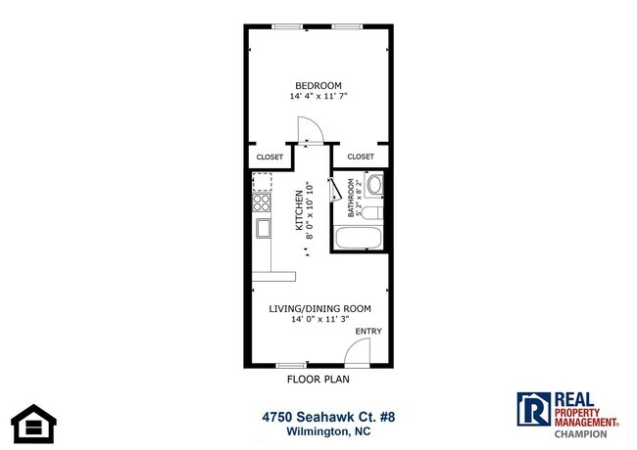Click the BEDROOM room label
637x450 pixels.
coord(318,84)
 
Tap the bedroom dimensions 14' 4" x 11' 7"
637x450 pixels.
coord(318,97)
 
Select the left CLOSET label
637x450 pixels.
coord(269,157)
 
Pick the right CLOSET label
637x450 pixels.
coord(361,157)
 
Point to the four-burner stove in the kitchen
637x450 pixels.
coord(262,202)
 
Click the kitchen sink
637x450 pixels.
coord(264,228)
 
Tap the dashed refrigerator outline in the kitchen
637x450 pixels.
coord(262,181)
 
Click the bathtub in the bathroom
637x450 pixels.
coord(359,238)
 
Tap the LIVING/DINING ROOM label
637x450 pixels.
coord(320,309)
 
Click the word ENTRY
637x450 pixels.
coord(367,332)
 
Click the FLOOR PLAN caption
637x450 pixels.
coord(318,380)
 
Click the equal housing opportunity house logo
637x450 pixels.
coord(34,421)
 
